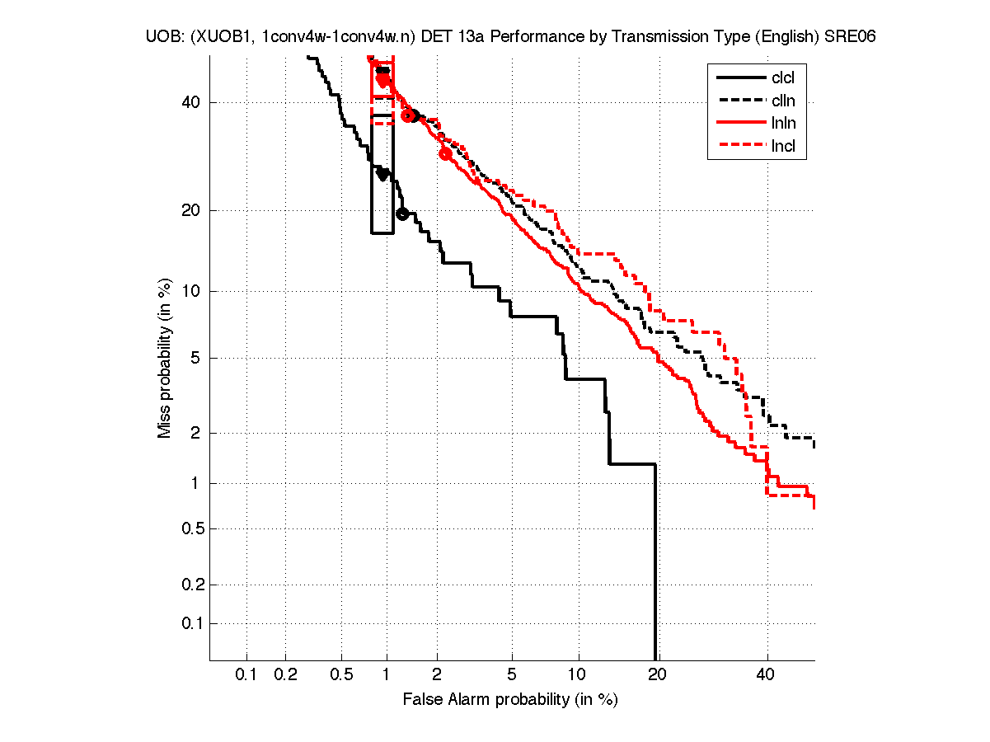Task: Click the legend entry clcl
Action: (782, 78)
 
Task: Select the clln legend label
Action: (782, 101)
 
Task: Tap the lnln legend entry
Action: (782, 124)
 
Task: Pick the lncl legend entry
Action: (782, 148)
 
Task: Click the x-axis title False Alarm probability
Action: (510, 699)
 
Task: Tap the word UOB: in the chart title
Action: (166, 37)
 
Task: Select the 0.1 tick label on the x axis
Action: (246, 675)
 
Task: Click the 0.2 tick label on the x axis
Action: (285, 675)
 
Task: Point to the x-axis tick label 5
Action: (512, 675)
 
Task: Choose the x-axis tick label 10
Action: (579, 675)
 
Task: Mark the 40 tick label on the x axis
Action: (767, 675)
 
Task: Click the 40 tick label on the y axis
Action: (191, 102)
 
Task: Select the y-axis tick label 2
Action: (196, 433)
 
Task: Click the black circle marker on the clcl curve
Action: (402, 214)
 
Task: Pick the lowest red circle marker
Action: (445, 153)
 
